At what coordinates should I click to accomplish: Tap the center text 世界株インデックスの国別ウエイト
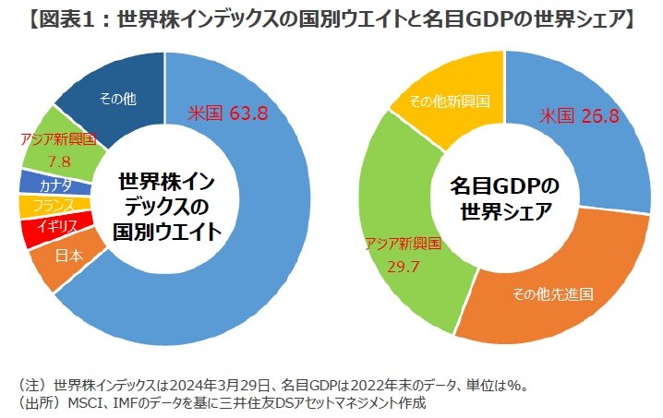click(x=167, y=204)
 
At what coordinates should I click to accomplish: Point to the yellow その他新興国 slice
click(x=449, y=99)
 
